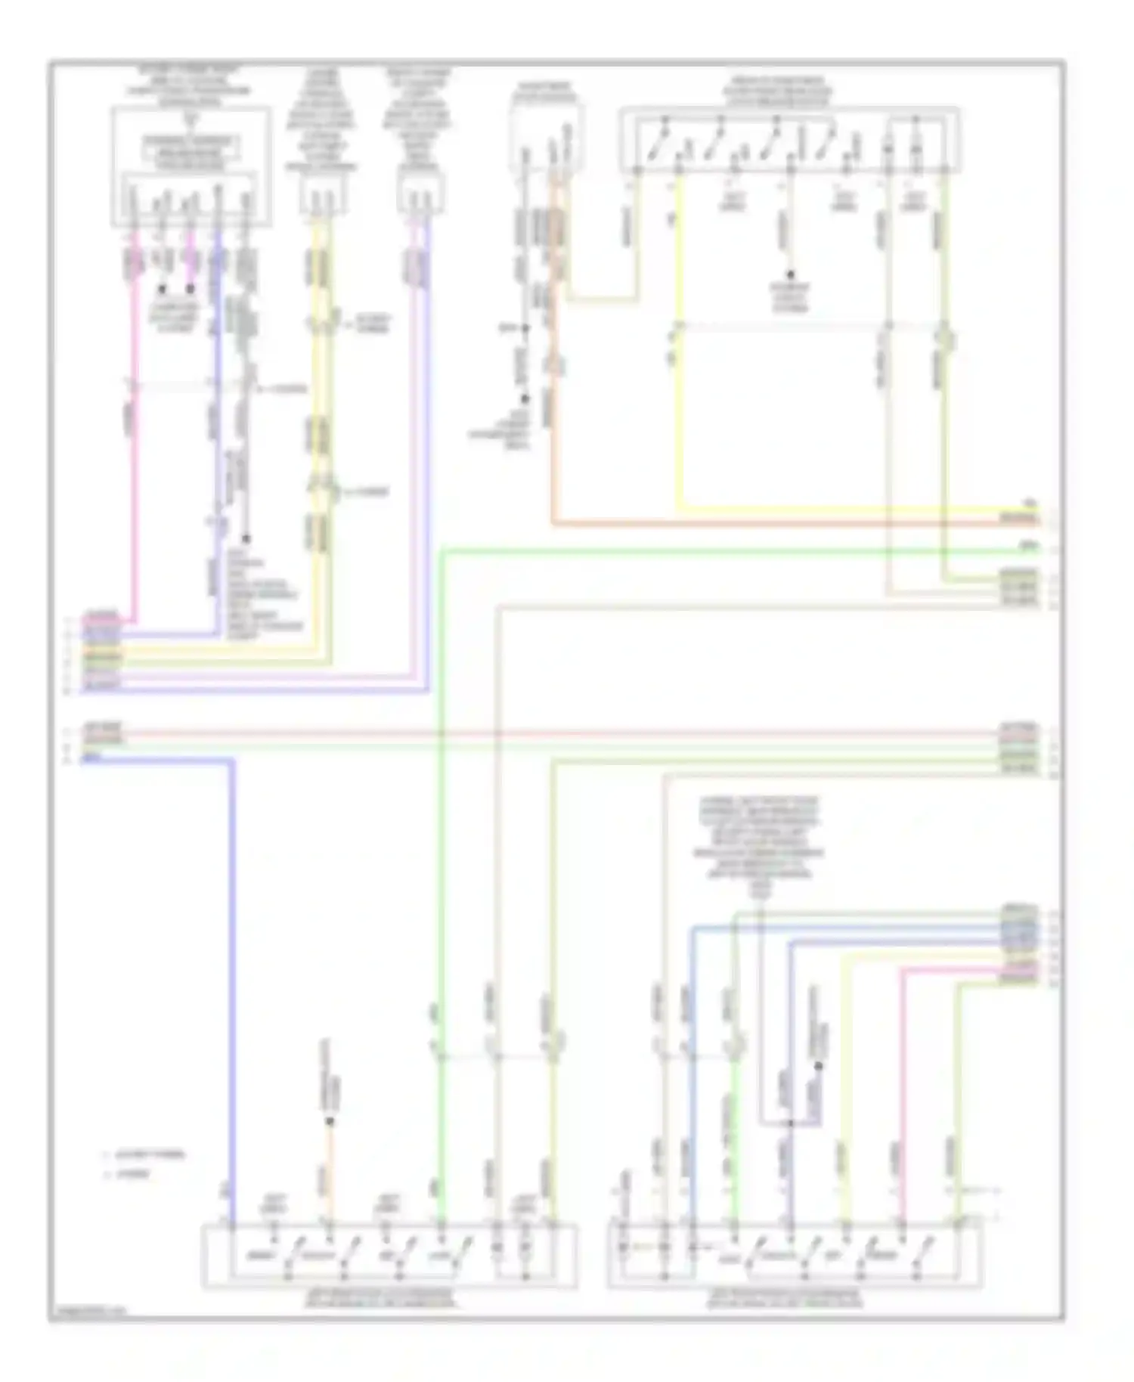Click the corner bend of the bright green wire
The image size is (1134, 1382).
(x=442, y=552)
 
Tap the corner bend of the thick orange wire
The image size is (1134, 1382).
(x=554, y=522)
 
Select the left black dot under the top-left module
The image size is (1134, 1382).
(x=162, y=289)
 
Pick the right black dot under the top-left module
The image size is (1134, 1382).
(x=191, y=289)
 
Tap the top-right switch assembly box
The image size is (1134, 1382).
(x=789, y=139)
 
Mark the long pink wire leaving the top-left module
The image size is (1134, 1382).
(x=135, y=454)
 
